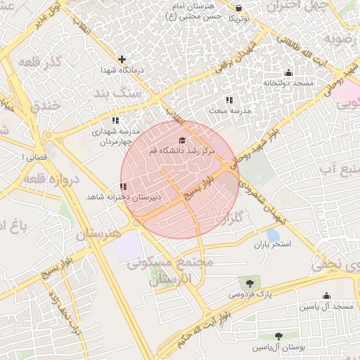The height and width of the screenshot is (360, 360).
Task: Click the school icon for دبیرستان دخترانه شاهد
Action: pyautogui.click(x=123, y=186)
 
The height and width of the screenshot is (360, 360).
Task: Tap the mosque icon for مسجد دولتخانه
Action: pyautogui.click(x=288, y=72)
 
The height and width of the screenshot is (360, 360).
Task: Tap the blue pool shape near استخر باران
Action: pyautogui.click(x=273, y=235)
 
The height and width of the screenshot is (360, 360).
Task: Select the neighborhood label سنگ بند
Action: pyautogui.click(x=118, y=94)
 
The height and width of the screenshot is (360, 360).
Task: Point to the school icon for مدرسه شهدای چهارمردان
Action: pyautogui.click(x=115, y=120)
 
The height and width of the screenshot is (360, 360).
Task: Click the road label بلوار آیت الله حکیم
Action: pyautogui.click(x=243, y=317)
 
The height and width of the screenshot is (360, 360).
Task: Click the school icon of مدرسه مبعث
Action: pyautogui.click(x=230, y=100)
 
